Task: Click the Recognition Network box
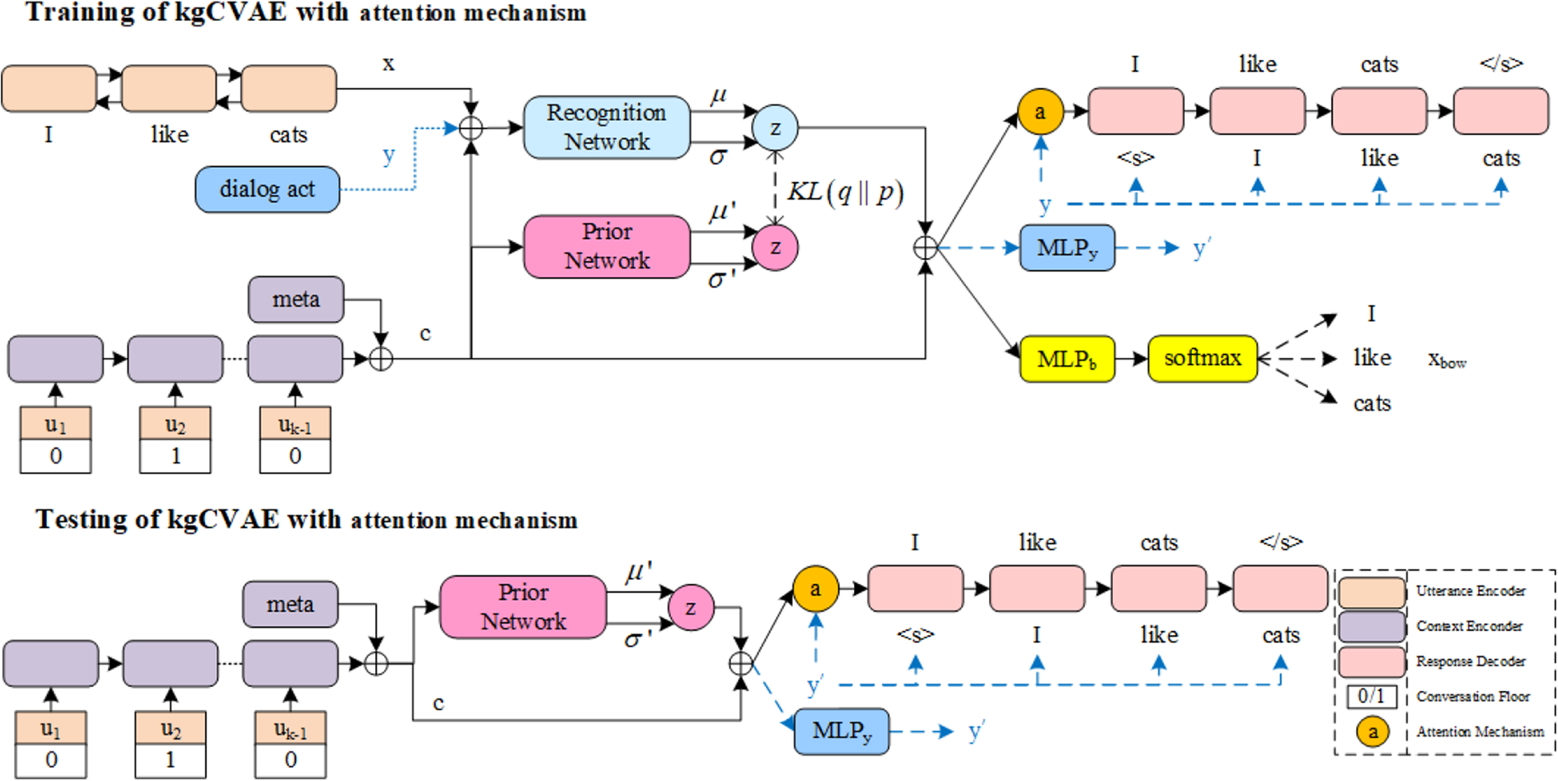click(607, 127)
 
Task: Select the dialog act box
click(267, 189)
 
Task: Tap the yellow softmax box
click(1203, 359)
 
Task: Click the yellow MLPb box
click(1068, 359)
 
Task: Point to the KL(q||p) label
click(846, 191)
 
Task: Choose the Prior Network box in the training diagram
click(607, 247)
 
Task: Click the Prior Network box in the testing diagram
click(523, 607)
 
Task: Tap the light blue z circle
click(775, 128)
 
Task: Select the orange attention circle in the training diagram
click(1040, 111)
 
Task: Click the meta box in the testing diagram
click(290, 604)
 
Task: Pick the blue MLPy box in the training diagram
click(1068, 247)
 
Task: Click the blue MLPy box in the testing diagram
click(842, 731)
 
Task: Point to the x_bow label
click(1448, 360)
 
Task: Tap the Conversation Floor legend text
click(1473, 696)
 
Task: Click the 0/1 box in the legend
click(1372, 696)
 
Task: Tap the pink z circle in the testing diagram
click(691, 608)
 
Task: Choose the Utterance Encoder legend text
click(1471, 590)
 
